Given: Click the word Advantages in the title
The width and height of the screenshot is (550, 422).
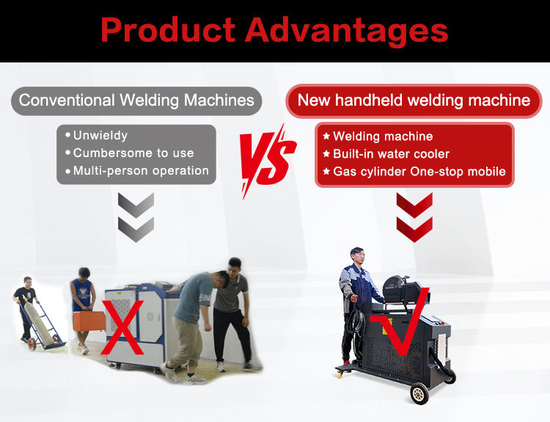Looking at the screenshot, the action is coord(346,31).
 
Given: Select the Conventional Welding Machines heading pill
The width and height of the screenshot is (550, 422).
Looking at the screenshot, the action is coord(136,101).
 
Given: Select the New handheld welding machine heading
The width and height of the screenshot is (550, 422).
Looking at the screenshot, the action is coord(414,101).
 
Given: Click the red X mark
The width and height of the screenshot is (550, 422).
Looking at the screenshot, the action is coord(122,327).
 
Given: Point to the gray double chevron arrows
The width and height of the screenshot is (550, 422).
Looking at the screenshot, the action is coord(136,217).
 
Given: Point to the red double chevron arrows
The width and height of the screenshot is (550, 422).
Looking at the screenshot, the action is coord(414,217).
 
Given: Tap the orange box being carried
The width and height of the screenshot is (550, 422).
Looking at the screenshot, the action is coord(89,321).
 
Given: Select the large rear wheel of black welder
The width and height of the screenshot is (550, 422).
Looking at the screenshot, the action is coord(419,393).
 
